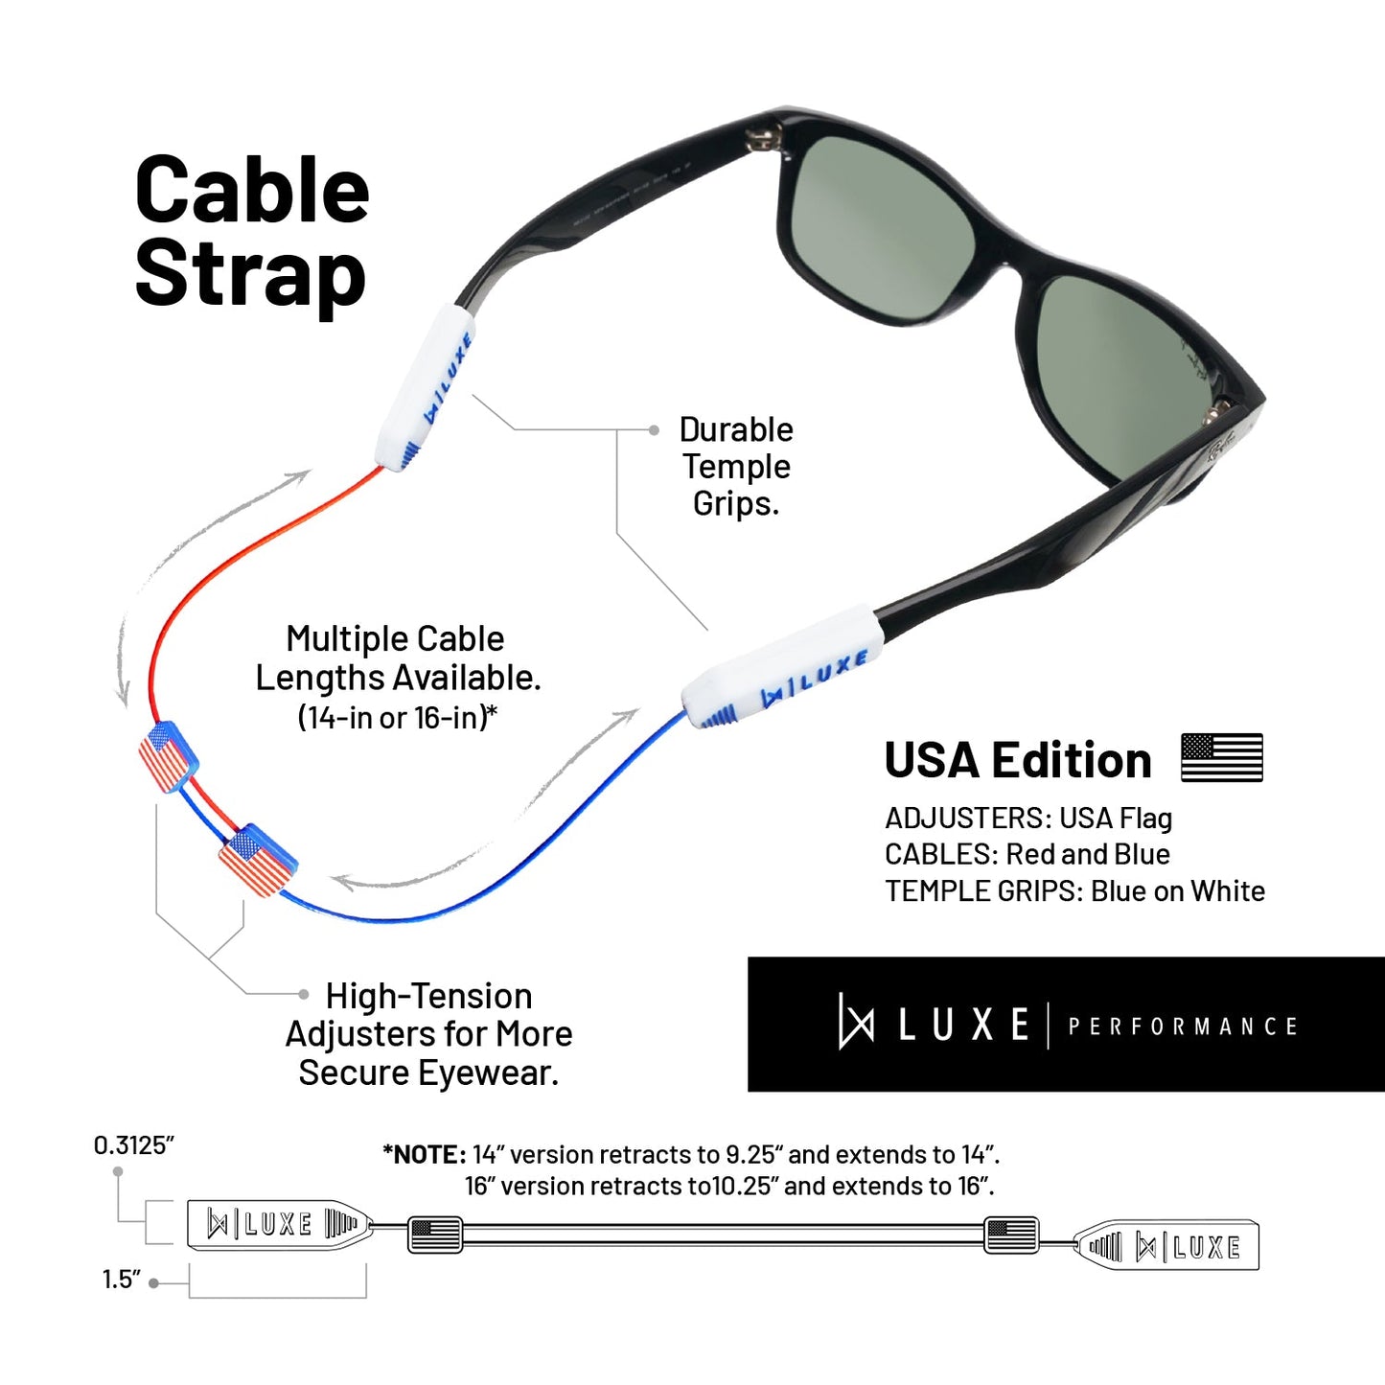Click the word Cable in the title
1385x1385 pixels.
(252, 191)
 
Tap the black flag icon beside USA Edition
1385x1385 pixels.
(1222, 757)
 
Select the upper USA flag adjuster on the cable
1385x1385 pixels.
(168, 757)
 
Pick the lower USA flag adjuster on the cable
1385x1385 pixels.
(258, 860)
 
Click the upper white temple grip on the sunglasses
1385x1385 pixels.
(425, 388)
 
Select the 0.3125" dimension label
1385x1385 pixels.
(134, 1145)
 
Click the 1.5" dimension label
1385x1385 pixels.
(122, 1280)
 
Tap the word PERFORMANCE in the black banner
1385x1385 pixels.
(1183, 1027)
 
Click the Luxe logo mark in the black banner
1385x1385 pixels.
(855, 1022)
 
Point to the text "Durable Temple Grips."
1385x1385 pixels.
(736, 466)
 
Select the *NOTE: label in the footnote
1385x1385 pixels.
(425, 1155)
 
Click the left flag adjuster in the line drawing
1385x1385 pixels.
(435, 1235)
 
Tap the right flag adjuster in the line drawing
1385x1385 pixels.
(1011, 1235)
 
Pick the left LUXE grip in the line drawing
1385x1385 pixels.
(280, 1224)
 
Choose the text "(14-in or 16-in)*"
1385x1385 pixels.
(398, 717)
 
